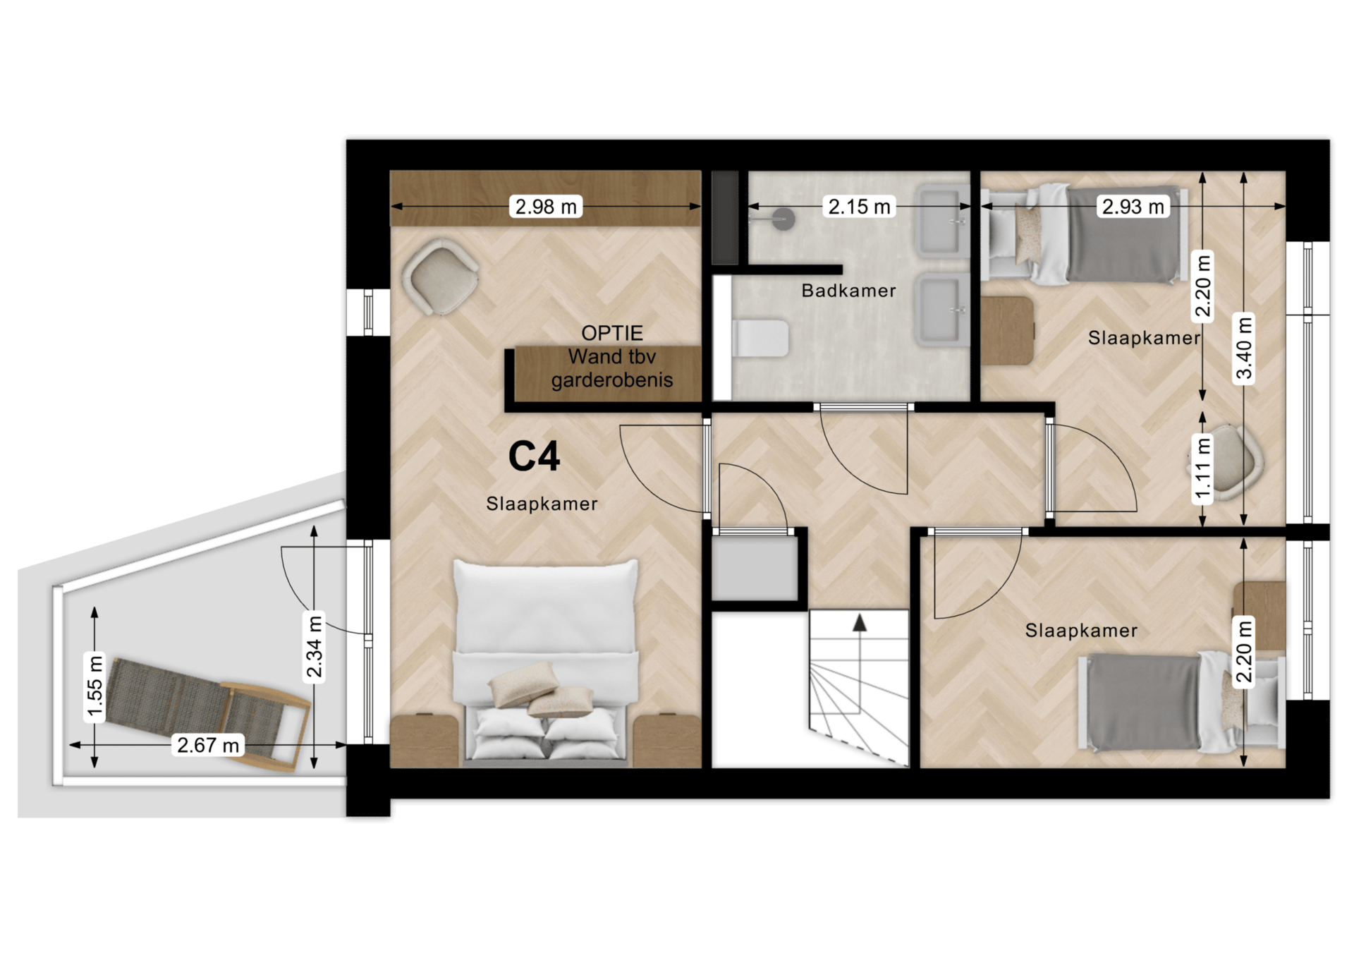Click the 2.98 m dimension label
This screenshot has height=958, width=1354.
[x=545, y=207]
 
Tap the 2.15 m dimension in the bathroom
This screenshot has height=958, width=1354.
[x=859, y=207]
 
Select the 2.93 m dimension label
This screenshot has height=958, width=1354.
[x=1133, y=207]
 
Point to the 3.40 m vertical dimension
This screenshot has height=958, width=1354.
[x=1245, y=347]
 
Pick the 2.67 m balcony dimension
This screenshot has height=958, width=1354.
[x=208, y=745]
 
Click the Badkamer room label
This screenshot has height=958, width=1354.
[x=848, y=291]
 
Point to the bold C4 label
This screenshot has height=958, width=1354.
[x=534, y=456]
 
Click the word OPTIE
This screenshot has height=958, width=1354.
[x=611, y=333]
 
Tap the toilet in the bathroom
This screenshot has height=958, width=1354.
[x=760, y=339]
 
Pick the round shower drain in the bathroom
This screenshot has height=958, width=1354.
[x=783, y=218]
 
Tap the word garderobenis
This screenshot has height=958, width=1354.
[x=611, y=380]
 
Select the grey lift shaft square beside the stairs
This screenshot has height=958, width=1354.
[x=755, y=569]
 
